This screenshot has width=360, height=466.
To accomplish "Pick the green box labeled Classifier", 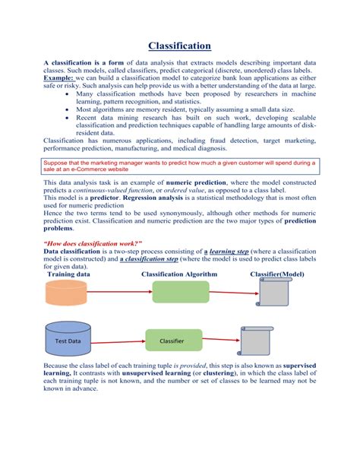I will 174,341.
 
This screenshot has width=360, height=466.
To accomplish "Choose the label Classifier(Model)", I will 283,274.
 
